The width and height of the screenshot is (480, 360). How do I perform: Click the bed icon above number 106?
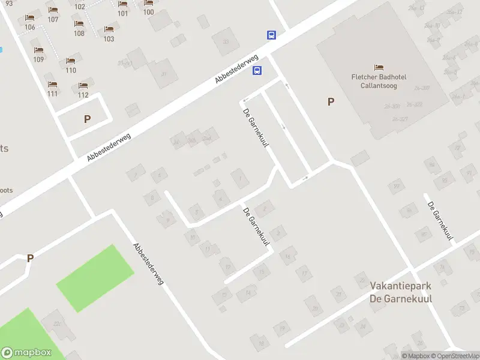tap(29, 19)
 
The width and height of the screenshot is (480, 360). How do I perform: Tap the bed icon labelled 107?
tap(53, 10)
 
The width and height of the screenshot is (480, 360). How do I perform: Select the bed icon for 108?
tap(79, 25)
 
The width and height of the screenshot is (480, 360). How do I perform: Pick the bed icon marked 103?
tap(109, 29)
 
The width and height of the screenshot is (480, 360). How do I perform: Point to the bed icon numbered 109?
tap(39, 50)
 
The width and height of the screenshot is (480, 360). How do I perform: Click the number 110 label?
tap(71, 70)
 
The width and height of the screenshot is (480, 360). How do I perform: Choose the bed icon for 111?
tap(52, 85)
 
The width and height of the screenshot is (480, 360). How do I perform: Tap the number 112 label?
tap(83, 95)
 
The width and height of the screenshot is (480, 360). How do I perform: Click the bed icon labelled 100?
tap(148, 3)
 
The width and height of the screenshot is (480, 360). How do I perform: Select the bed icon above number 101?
tap(122, 4)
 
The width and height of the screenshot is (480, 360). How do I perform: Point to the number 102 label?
tap(79, 7)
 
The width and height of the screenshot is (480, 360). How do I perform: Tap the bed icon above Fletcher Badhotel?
tap(379, 67)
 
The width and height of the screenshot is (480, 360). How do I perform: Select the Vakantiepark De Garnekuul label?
tap(401, 292)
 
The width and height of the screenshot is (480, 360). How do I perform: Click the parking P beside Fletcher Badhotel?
tap(331, 102)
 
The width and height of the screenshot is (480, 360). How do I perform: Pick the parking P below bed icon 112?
tap(88, 119)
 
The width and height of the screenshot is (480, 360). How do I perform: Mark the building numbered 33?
tap(225, 41)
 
